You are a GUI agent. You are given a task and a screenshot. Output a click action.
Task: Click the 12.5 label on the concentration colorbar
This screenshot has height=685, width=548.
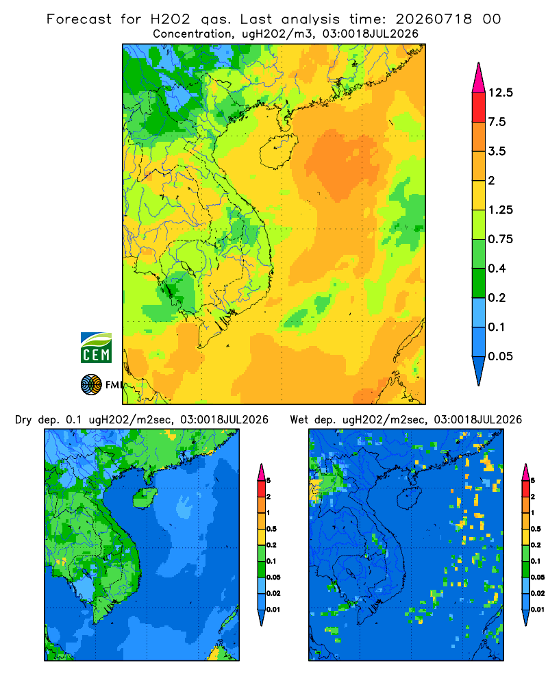point(500,92)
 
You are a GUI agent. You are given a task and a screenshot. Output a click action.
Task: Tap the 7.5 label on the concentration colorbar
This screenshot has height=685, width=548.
point(497,122)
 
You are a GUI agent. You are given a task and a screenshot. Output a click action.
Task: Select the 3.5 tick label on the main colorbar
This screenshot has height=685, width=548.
point(497,151)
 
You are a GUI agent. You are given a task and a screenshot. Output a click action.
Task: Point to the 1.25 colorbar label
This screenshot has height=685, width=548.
point(500,210)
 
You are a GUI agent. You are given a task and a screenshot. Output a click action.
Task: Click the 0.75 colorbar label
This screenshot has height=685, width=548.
point(500,239)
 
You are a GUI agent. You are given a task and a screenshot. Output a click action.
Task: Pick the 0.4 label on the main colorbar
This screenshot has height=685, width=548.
point(497,269)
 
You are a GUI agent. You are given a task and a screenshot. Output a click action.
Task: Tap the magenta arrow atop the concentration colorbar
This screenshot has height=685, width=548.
point(479,77)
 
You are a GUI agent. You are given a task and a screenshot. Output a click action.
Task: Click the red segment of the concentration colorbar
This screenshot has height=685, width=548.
point(479,108)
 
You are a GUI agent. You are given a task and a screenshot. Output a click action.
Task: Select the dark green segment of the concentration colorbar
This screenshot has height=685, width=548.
point(479,283)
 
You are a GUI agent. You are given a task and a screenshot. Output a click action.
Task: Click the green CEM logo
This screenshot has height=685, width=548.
point(96,348)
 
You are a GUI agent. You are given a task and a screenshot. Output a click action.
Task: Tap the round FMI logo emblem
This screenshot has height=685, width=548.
point(91,384)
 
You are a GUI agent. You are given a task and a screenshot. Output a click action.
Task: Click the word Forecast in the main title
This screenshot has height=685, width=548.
point(79,19)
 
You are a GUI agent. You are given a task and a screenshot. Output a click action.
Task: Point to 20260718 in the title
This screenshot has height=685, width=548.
point(434,19)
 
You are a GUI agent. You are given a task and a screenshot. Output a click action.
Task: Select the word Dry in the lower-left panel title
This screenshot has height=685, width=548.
point(23,420)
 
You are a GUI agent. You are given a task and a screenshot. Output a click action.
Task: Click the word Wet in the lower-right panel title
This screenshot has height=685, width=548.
point(299,420)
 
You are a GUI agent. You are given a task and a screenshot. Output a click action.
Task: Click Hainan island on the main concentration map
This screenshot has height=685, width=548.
point(278,151)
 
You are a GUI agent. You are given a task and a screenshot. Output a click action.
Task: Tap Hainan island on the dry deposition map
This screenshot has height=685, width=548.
point(145,498)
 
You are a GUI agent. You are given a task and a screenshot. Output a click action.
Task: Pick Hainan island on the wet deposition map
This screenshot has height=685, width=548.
point(410,498)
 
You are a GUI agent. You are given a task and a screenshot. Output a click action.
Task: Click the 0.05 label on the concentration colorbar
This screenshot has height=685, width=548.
point(500,356)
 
